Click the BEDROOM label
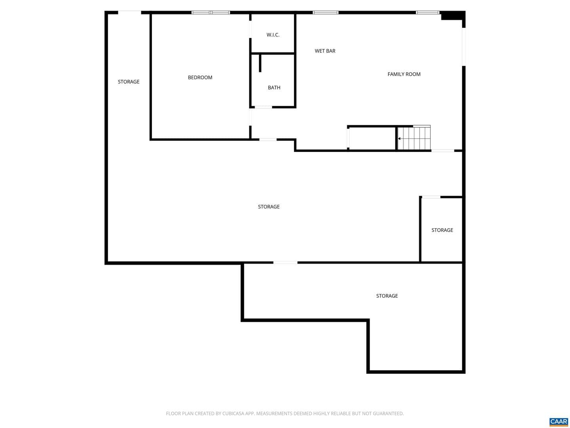tap(200, 77)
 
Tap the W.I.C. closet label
tap(273, 35)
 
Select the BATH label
tap(274, 88)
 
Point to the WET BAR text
tap(325, 51)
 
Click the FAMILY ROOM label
tap(404, 75)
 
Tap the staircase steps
tap(414, 138)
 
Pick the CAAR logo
tap(558, 421)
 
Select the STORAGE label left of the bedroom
tap(129, 82)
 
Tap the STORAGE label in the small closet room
tap(442, 230)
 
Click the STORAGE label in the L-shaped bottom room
tap(387, 296)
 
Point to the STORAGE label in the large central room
tap(268, 207)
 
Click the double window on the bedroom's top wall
tap(211, 12)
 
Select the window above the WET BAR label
tap(325, 12)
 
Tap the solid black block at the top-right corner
tap(453, 15)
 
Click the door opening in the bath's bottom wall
tap(263, 107)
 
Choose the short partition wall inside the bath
tap(260, 63)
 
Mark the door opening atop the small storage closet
tap(431, 197)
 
